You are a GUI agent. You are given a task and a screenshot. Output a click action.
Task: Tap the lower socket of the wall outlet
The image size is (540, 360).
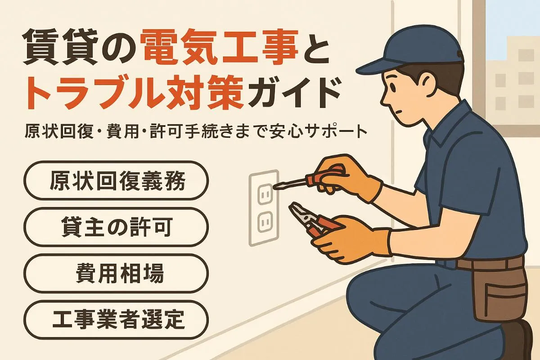click(264, 221)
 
